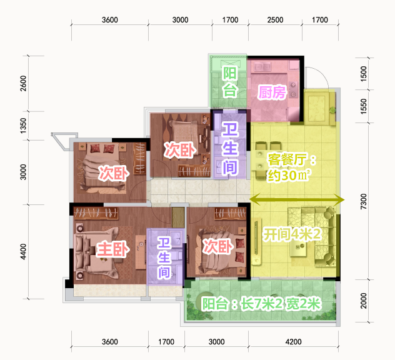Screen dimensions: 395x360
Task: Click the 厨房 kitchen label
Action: coord(272,92)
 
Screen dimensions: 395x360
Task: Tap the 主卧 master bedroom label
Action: coord(112,249)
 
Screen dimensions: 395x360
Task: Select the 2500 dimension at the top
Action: coord(275,20)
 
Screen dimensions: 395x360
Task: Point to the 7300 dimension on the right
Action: coord(364,201)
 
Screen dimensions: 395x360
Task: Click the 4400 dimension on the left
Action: coord(23,251)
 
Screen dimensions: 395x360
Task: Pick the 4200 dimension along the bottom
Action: coord(294,342)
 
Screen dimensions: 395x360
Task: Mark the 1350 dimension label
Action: coord(23,126)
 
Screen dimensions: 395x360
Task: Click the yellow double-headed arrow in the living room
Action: coord(297,200)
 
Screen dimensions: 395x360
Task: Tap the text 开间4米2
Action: coord(292,234)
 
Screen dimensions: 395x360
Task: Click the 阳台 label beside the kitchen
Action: coord(230,82)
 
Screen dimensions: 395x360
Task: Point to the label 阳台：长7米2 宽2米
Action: coord(261,304)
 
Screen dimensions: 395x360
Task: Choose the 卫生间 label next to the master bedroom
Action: coord(164,257)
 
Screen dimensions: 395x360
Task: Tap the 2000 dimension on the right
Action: coord(364,301)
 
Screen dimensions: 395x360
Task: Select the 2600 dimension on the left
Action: coord(23,83)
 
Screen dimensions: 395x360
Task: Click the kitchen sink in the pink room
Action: coord(262,67)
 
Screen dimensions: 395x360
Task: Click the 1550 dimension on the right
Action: coord(364,106)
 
